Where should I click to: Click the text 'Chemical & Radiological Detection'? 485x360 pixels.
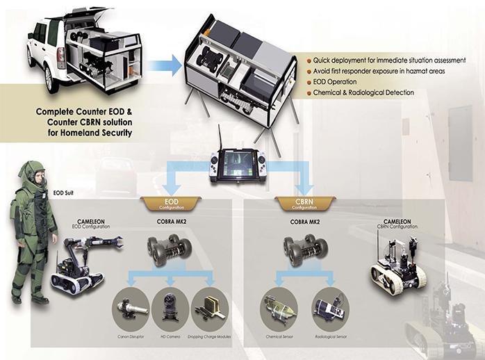(364, 92)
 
